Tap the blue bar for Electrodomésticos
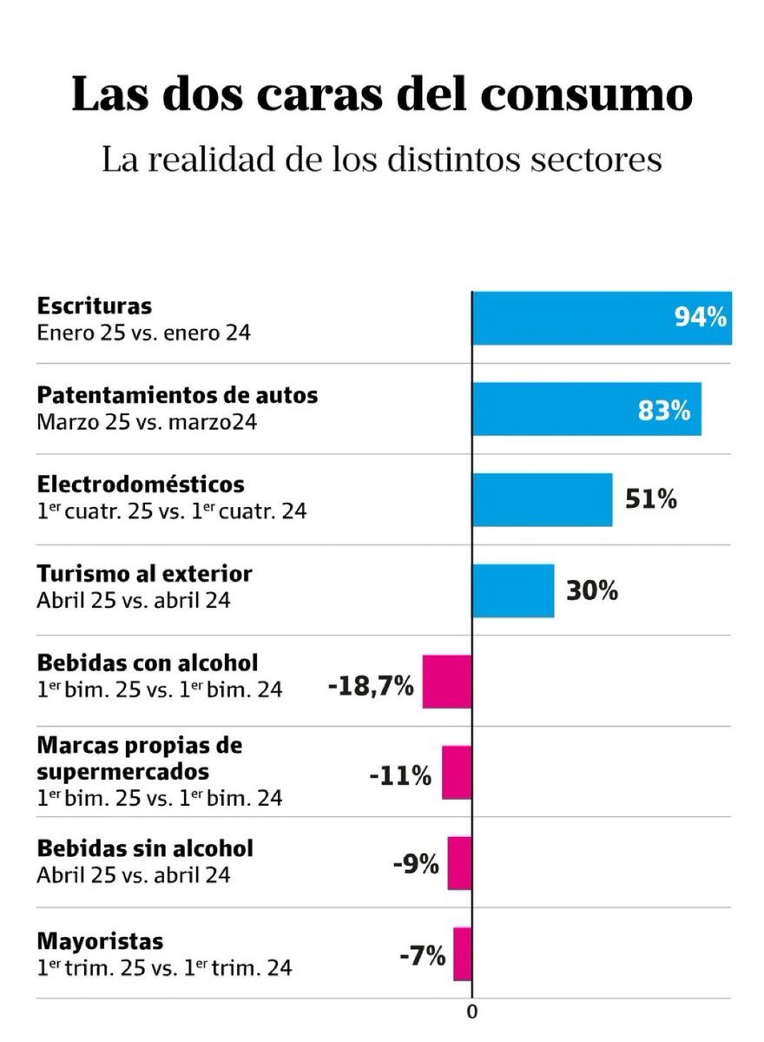pos(542,500)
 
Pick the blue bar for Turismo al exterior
pos(513,590)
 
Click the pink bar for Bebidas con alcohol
pos(447,682)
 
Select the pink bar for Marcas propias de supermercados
pos(457,772)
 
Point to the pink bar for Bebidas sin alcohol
pos(459,863)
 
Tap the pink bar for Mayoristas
pos(462,953)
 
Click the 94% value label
pos(701,318)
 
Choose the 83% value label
pos(664,410)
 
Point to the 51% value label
pos(651,500)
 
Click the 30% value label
pos(592,591)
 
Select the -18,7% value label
pos(371,686)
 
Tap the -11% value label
pos(400,776)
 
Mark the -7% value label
pos(422,957)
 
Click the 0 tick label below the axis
pos(472,1012)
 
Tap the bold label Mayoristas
pos(100,941)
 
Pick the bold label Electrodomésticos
pos(141,485)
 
